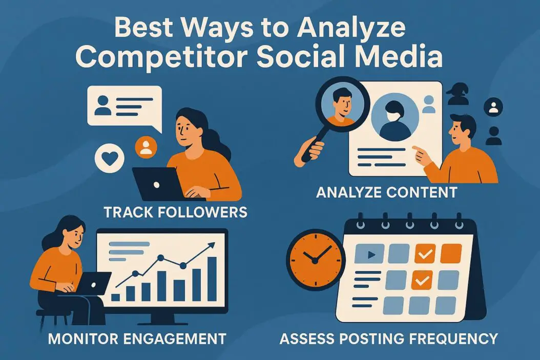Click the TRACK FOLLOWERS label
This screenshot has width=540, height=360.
175,211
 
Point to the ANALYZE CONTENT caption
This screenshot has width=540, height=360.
386,193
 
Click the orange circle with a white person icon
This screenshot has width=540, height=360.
146,147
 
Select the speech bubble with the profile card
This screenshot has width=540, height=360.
124,105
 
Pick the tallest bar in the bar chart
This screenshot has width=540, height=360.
212,279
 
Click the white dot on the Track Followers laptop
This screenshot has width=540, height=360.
158,183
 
